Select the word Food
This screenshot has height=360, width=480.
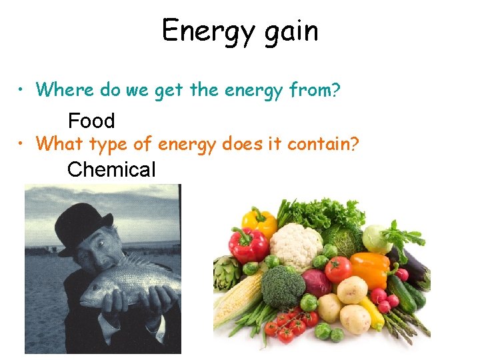point(91,121)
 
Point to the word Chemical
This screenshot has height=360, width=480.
point(111,169)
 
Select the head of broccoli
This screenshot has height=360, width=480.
point(283,286)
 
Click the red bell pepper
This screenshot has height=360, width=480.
point(247,245)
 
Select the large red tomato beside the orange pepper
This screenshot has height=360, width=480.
point(339,269)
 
